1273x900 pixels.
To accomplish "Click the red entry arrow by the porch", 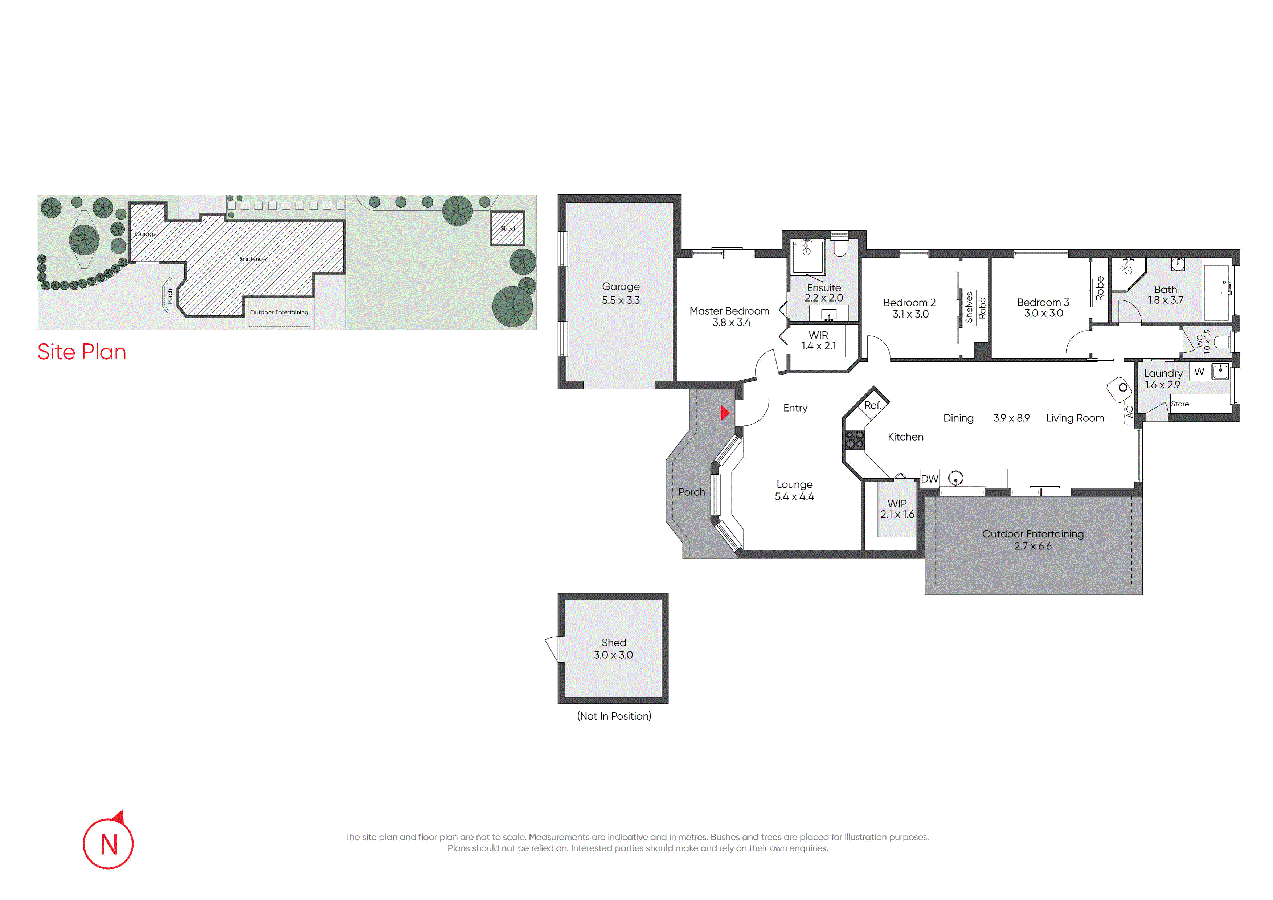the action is pos(725,413).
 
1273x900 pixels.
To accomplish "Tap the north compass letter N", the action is pos(109,844).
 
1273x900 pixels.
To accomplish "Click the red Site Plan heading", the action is pos(82,352).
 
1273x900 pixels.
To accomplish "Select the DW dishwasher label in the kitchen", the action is pos(929,479).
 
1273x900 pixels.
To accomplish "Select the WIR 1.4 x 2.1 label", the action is pos(818,340).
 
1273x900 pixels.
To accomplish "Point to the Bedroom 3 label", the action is pos(1043,302).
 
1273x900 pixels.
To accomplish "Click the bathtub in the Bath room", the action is pos(1216,292).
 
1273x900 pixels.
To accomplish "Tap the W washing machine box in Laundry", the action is pos(1199,372).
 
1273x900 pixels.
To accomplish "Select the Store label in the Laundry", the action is pos(1180,404).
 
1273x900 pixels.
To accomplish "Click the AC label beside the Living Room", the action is pos(1129,412).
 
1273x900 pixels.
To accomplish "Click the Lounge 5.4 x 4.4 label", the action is pos(794,490).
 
